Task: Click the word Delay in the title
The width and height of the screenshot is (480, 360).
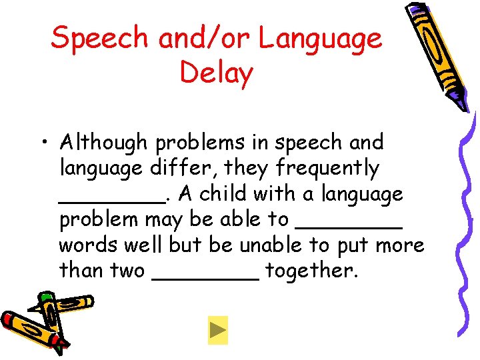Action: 217,73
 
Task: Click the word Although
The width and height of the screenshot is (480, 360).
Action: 103,142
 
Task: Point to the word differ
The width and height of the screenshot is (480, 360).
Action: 176,168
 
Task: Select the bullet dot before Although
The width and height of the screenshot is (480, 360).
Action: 43,143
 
